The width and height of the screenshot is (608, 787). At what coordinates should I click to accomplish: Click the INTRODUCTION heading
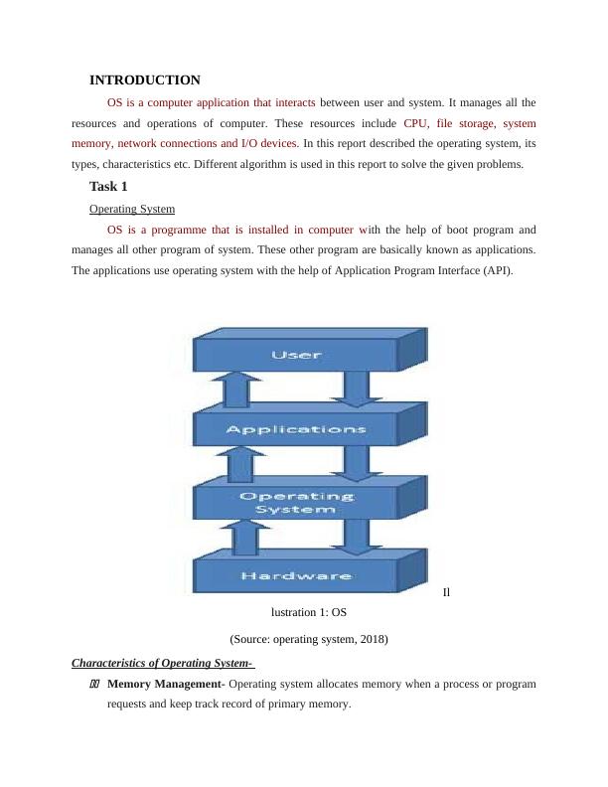pos(144,79)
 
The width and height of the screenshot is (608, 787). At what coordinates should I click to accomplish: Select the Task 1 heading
pos(108,186)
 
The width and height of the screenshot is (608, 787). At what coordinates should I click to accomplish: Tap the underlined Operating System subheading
pos(132,209)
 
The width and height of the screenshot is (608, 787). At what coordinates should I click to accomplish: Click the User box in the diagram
pos(295,354)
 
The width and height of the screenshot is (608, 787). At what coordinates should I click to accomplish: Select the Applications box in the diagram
pos(295,430)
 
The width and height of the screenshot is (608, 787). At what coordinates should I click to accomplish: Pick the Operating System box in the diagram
pos(295,502)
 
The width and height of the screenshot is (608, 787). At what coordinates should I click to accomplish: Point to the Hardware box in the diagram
pos(295,575)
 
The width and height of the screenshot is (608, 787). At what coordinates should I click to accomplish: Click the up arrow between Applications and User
pos(235,391)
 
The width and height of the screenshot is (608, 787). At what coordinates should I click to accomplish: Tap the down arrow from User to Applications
pos(350,390)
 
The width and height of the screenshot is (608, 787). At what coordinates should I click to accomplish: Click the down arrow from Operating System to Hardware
pos(350,538)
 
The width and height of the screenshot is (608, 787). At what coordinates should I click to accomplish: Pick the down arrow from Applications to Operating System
pos(350,463)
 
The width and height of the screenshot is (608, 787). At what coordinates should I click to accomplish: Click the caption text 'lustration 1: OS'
pos(308,612)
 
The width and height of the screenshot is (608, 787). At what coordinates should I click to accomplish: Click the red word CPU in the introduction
pos(415,124)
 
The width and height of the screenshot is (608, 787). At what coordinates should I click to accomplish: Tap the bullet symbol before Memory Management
pos(95,685)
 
